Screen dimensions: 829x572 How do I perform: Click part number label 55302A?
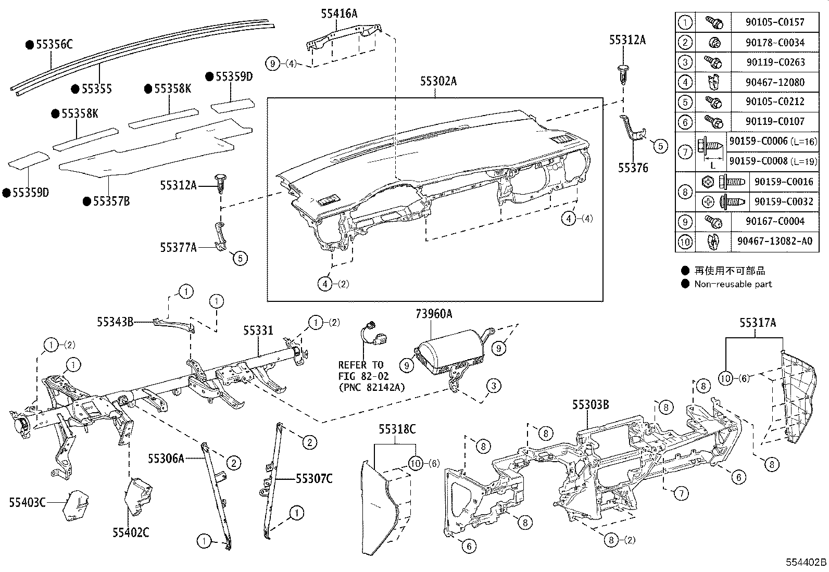[x=438, y=82]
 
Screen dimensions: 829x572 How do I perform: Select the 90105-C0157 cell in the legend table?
[x=775, y=22]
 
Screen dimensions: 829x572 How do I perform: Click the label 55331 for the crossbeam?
[x=258, y=331]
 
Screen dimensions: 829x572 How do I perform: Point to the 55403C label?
[x=27, y=502]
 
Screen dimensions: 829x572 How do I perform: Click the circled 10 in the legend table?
[x=685, y=241]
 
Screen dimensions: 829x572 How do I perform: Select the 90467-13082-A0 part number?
[x=774, y=241]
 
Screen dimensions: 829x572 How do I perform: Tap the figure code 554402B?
[x=806, y=562]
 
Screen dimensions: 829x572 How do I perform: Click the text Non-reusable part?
[x=733, y=284]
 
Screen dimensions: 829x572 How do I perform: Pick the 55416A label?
[x=339, y=14]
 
